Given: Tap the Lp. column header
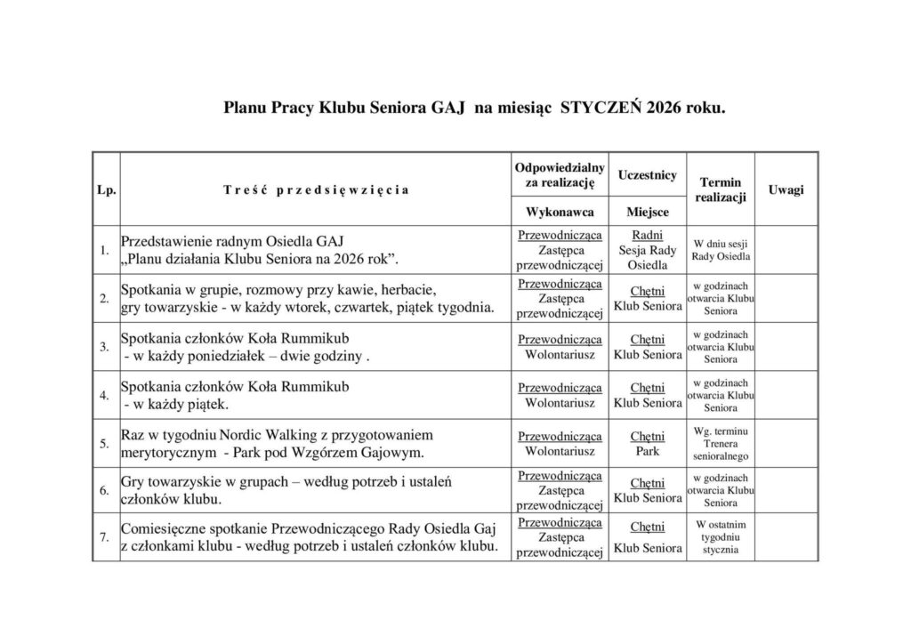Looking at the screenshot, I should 106,189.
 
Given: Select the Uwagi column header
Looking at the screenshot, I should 786,189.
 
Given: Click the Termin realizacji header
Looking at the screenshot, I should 721,189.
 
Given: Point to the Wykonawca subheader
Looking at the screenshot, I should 560,213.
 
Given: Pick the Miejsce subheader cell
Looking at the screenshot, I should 648,213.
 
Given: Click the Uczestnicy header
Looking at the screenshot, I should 648,175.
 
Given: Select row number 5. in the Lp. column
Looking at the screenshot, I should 105,443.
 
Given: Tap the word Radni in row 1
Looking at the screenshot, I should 647,235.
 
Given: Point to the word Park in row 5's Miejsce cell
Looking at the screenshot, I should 648,451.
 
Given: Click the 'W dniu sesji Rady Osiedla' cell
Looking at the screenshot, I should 721,250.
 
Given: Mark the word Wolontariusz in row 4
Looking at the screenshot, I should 560,403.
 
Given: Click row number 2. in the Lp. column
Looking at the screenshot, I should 105,298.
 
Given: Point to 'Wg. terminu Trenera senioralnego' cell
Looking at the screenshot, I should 721,443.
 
